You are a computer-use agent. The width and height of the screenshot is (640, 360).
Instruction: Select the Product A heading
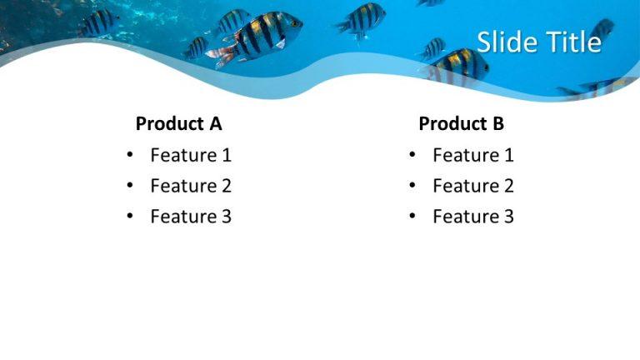178,124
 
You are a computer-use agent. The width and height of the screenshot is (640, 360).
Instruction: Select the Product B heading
461,124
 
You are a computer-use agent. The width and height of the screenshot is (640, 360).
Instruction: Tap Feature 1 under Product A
191,155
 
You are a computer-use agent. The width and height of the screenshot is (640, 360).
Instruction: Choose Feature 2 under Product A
191,186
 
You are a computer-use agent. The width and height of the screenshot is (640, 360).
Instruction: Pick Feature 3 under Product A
191,217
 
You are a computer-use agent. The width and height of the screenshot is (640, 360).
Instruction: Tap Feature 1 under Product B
473,155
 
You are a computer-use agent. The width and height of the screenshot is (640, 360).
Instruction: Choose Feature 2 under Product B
473,186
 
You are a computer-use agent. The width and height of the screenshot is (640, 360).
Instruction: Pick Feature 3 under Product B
473,217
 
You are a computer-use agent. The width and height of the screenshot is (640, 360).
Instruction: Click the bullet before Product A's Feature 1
129,156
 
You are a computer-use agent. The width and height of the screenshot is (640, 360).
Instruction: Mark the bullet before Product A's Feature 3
129,217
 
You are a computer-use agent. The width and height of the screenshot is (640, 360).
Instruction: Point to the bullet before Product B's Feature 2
412,187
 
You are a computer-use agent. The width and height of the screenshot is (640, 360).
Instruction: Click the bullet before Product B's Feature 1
412,156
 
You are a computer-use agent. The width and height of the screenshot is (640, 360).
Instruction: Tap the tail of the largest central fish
221,55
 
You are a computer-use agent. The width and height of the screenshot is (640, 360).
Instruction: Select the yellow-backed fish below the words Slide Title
461,62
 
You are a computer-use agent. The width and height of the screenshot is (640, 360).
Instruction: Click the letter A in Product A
215,124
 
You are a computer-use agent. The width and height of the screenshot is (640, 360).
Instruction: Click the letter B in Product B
497,124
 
